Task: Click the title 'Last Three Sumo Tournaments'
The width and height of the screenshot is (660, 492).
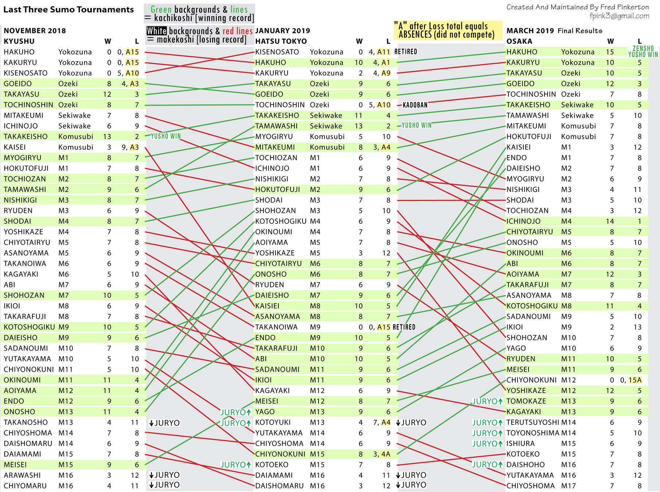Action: point(69,10)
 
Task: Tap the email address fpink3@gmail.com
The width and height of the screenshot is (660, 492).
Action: point(619,16)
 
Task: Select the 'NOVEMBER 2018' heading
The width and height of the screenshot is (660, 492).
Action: point(35,31)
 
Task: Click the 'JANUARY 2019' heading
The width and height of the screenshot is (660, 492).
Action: point(282,31)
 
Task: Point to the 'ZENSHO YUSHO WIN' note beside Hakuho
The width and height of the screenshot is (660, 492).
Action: point(643,51)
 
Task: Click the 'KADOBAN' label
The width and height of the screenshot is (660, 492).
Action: point(415,105)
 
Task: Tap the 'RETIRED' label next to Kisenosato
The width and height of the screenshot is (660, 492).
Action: point(406,52)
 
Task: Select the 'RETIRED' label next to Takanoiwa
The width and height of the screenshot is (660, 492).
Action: point(404,327)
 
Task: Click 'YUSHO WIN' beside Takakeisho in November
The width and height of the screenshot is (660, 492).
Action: point(165,136)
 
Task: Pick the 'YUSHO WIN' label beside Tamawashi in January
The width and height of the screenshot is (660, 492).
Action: point(416,125)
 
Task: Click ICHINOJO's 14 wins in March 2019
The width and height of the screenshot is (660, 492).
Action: point(610,221)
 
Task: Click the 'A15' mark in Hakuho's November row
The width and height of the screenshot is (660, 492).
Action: point(132,52)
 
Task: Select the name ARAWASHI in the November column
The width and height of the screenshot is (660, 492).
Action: point(22,475)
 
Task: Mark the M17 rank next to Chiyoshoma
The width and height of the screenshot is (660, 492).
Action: point(568,486)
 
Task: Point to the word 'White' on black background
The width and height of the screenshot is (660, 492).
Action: point(157,31)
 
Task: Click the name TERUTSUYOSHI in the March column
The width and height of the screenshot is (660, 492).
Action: point(532,422)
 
